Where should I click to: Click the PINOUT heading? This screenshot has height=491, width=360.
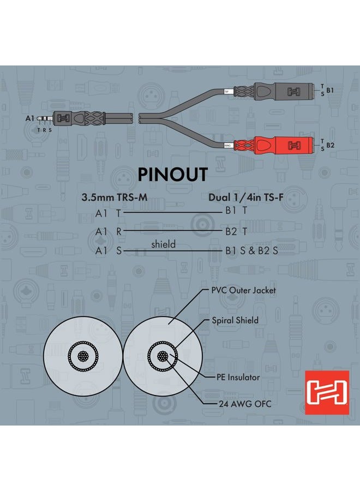pos(172,175)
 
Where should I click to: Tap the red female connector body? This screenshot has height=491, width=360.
pos(283,145)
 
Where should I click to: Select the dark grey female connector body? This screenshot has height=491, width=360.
pos(283,91)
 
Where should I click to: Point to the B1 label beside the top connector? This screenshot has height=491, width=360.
pos(330,90)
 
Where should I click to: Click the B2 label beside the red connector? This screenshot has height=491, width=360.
pos(330,145)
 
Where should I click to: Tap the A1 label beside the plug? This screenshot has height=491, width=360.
pos(30,118)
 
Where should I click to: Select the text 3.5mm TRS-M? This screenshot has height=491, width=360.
pos(114,197)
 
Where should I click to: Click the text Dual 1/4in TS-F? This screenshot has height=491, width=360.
pos(246,197)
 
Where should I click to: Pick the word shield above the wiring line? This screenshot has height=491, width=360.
pos(164,244)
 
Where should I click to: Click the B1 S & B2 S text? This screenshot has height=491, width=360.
pos(251,250)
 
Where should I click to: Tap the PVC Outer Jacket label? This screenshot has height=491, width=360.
pos(244,290)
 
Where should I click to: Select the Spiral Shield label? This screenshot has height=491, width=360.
pos(235,320)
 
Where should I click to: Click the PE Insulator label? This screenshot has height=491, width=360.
pos(238,377)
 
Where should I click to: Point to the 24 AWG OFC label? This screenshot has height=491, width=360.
pos(245,404)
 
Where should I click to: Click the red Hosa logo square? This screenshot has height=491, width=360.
pos(327,392)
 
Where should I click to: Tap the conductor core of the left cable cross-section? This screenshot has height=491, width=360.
pos(83,356)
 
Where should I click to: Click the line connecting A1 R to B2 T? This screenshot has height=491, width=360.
pos(173,231)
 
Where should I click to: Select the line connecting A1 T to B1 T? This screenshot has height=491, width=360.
pos(173,212)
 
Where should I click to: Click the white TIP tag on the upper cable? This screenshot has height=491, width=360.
pos(227,92)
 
